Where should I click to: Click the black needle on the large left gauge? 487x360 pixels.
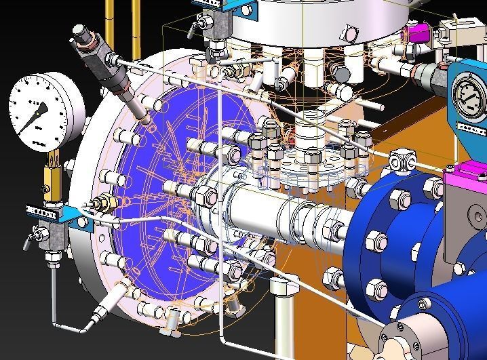38,115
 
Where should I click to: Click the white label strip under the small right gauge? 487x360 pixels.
468,129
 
